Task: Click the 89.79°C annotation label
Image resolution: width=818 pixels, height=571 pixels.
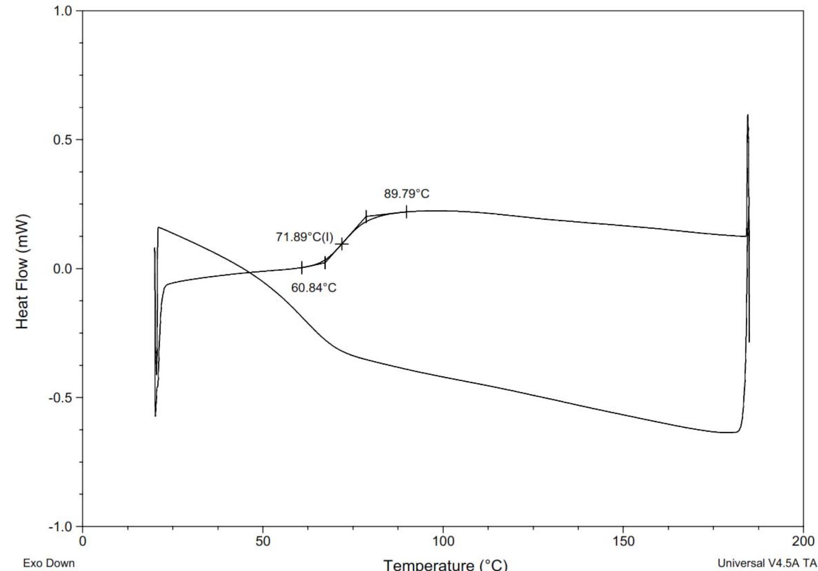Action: tap(406, 194)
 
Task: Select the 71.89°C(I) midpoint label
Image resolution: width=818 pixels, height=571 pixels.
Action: tap(304, 237)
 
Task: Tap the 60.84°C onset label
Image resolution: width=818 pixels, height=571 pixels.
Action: tap(314, 288)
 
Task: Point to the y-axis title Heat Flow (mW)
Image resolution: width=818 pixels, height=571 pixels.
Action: tap(23, 271)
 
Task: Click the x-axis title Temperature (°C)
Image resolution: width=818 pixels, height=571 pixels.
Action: tap(446, 564)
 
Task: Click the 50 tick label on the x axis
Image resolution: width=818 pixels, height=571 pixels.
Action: tap(263, 541)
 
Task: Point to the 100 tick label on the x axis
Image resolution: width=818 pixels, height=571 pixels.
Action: tap(443, 541)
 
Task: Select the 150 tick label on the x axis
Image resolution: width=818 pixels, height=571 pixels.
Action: tap(623, 541)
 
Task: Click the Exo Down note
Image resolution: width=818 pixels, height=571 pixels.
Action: tap(49, 563)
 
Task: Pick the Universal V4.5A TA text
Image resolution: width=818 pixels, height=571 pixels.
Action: tap(767, 563)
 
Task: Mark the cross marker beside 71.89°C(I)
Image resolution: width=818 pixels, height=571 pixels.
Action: tap(342, 243)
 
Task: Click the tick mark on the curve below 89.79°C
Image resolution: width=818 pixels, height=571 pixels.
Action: tap(406, 212)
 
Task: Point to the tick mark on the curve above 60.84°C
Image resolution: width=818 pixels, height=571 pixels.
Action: tap(302, 267)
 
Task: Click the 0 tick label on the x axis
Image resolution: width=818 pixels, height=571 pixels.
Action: tap(83, 541)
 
